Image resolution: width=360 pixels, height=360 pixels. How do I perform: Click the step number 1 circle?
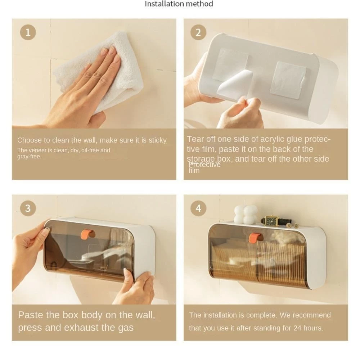pos(28,32)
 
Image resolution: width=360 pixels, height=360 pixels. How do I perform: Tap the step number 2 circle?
pos(198,32)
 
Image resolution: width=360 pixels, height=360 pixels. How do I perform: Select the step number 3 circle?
pos(28,208)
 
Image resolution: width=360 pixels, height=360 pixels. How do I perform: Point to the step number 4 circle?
pos(198,208)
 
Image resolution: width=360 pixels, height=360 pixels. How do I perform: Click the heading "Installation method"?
pos(179,4)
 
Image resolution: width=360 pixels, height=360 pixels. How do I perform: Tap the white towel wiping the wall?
pos(101,69)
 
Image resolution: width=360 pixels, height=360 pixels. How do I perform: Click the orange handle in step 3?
pos(88,234)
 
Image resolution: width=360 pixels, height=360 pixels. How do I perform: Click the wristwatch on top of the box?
pos(275,221)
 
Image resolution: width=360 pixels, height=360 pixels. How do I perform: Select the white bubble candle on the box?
pos(246,214)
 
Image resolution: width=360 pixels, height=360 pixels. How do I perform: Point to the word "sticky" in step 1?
pos(158,140)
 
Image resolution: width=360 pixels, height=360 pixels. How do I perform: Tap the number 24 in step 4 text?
pos(297,328)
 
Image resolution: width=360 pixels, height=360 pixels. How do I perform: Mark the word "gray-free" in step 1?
pos(30,157)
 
